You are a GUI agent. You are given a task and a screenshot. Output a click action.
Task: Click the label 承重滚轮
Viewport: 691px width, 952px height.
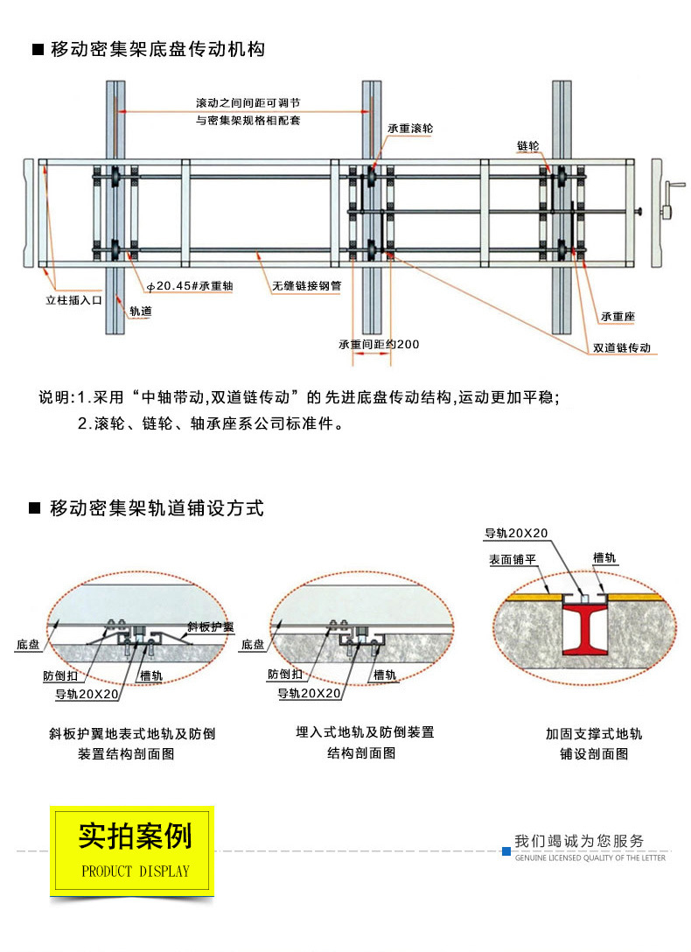point(409,128)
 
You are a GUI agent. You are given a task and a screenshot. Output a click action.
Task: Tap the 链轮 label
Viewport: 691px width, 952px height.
point(528,145)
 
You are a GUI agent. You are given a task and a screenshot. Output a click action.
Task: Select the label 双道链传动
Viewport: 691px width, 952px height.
point(622,347)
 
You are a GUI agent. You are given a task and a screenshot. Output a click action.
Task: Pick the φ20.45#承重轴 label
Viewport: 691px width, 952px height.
point(189,286)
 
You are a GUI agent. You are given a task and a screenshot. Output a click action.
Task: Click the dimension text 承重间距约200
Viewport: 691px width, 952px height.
point(379,344)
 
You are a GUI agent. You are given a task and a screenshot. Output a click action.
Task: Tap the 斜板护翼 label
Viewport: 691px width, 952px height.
point(211,627)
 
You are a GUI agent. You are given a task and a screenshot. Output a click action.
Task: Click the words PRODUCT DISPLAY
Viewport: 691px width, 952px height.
point(135,871)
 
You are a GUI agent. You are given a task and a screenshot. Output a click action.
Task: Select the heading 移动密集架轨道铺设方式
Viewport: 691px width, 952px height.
point(157,508)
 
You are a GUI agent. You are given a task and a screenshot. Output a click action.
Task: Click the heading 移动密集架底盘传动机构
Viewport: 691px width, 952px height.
point(157,49)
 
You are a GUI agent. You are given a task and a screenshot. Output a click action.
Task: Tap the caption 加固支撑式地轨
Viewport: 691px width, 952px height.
point(594,733)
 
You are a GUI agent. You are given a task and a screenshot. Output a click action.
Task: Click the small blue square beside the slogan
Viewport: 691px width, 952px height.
point(506,850)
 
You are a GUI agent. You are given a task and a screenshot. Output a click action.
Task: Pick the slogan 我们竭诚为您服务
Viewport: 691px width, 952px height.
point(579,841)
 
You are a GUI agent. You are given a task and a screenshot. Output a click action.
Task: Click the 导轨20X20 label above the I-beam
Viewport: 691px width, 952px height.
point(516,533)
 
